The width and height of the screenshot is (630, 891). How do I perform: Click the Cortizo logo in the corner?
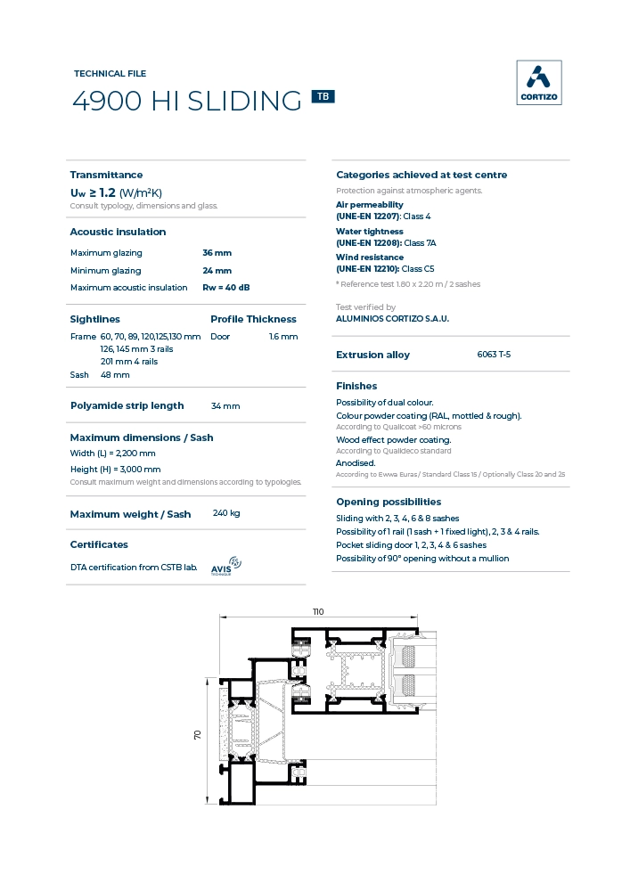coord(539,83)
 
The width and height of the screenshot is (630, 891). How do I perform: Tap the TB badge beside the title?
coord(323,96)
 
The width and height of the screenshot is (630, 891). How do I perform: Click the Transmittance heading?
coord(106,175)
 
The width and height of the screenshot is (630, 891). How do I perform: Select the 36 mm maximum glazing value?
coord(217,253)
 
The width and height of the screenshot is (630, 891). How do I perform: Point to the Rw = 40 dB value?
coord(226,287)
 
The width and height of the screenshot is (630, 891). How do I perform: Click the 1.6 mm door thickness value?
coord(283,337)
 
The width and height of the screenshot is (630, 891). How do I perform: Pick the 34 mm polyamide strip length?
coord(225,406)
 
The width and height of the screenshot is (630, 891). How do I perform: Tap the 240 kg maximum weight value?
coord(226,513)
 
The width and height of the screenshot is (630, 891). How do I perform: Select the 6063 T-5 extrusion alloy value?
coord(494,355)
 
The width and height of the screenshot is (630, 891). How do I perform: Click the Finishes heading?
coord(356,386)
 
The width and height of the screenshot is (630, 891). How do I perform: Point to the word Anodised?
coord(356,463)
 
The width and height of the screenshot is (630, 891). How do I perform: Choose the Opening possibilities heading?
coord(389,502)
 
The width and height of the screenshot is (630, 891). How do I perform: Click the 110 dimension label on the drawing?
coord(318,611)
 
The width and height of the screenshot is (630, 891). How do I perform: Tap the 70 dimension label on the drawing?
coord(198,734)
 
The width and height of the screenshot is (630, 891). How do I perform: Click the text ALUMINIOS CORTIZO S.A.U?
coord(392,318)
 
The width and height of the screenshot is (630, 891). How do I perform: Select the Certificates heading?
coord(99,544)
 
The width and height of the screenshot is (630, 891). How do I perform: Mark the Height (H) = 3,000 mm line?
coord(116,469)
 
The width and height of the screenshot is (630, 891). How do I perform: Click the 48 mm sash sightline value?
coord(115,375)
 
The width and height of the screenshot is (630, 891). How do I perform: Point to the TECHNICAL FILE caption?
coord(110,74)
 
